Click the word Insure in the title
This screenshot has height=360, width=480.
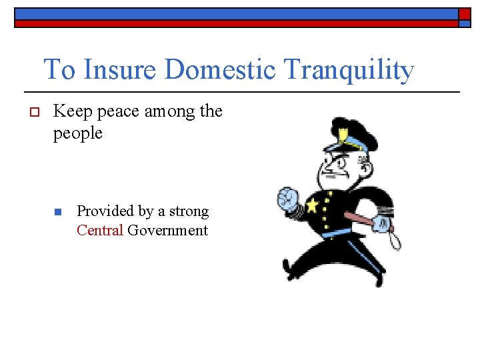(122, 69)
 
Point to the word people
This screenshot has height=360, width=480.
(77, 133)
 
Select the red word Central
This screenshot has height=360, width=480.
(100, 231)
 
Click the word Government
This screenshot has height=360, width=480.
(168, 231)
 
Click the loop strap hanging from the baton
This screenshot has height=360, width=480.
(395, 237)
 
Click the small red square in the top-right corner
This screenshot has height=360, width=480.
(464, 14)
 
